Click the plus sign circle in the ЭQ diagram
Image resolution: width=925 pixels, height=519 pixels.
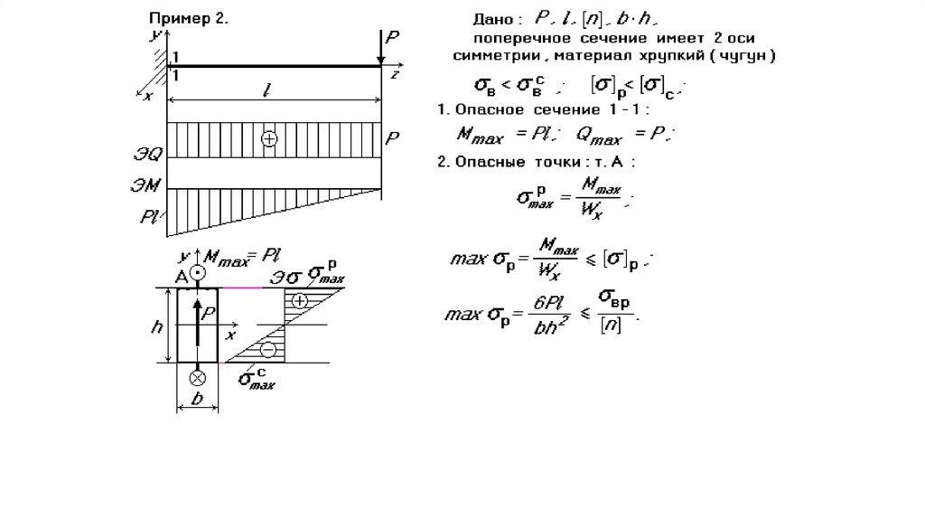click(x=268, y=139)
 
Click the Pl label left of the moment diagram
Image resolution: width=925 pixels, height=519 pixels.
click(x=150, y=217)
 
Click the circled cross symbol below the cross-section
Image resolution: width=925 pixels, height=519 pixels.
click(x=198, y=376)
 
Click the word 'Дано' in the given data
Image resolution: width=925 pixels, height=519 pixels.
click(x=496, y=18)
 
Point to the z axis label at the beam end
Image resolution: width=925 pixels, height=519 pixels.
click(x=396, y=76)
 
